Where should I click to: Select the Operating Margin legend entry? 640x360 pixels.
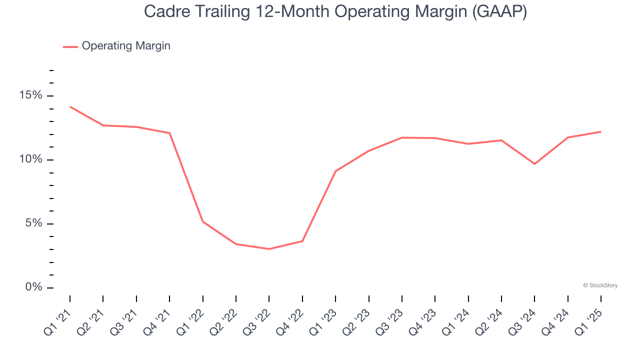(117, 46)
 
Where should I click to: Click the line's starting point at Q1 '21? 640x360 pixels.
(70, 106)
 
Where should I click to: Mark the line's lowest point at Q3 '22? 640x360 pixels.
(269, 249)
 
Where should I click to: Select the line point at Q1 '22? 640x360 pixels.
(202, 221)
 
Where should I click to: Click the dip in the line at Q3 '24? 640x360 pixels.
(534, 164)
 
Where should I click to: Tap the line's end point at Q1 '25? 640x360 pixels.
(600, 131)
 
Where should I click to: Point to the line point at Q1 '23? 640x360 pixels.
(335, 171)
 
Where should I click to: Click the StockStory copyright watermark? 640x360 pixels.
(600, 285)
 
